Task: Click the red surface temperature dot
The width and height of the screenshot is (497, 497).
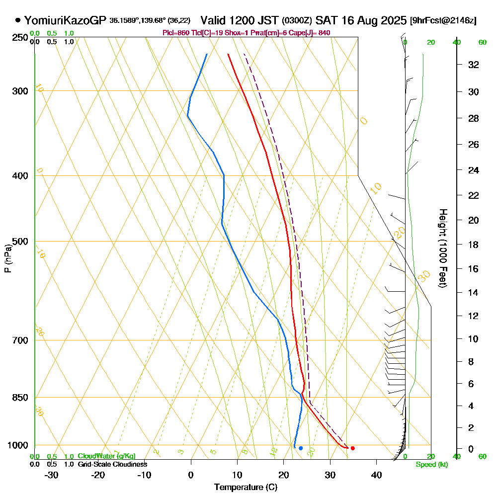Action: click(x=352, y=448)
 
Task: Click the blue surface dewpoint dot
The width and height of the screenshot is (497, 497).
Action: click(x=301, y=448)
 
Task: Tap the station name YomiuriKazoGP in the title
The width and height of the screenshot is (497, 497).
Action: click(x=65, y=20)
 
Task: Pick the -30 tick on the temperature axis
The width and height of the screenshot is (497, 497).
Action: click(x=52, y=475)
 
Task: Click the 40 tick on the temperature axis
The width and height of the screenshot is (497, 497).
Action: click(x=376, y=475)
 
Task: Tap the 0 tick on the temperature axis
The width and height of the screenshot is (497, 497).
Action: click(x=191, y=475)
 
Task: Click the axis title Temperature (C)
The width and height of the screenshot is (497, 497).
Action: click(x=246, y=488)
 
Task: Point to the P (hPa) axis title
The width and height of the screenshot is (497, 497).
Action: click(x=7, y=258)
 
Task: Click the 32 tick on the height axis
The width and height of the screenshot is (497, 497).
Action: click(x=474, y=65)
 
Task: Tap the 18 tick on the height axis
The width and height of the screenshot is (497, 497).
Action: click(x=474, y=245)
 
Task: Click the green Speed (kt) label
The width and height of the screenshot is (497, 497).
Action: click(x=430, y=465)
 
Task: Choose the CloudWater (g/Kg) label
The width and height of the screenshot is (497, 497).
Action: click(x=106, y=456)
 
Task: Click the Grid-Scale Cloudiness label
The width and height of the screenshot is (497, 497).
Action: click(x=112, y=464)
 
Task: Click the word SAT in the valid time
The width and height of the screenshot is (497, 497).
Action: click(x=327, y=20)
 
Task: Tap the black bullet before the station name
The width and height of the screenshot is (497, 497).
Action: click(x=18, y=20)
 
